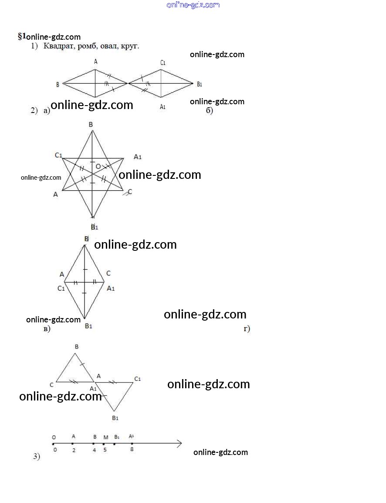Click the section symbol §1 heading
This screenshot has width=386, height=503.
coord(22,36)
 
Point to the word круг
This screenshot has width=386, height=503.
coord(131,46)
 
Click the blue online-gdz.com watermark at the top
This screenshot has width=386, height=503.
coord(193,5)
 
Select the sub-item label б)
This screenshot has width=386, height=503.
coord(209,110)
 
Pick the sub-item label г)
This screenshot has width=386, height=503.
coord(247,328)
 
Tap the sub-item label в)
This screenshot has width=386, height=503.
coord(47,328)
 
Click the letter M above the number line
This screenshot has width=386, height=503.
coord(106,437)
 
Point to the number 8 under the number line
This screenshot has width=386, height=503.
coord(132,449)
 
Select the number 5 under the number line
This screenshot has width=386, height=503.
coord(105,450)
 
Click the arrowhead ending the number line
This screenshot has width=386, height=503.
coord(179,444)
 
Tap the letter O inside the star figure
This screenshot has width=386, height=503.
coord(98,166)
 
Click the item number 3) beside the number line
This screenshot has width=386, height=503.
coord(37,457)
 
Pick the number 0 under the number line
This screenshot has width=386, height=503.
coord(55,450)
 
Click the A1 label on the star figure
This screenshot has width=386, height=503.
coord(138,157)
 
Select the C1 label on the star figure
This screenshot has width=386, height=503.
coord(59,155)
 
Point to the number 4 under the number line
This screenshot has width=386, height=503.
coord(94,450)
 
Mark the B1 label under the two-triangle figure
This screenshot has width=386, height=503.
coord(115,418)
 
